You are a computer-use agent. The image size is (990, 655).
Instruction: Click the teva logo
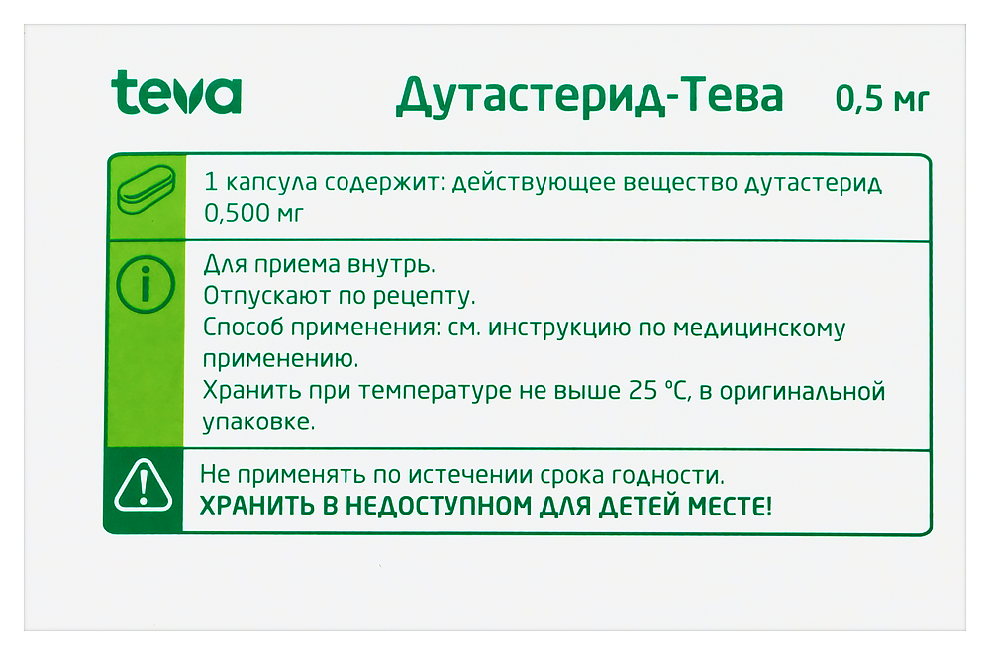[176, 93]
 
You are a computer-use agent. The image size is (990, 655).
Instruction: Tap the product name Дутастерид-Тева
[590, 96]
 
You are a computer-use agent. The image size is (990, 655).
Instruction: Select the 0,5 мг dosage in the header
[882, 99]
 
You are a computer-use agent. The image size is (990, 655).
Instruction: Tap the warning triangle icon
[145, 486]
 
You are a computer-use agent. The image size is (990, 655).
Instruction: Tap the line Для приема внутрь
[319, 265]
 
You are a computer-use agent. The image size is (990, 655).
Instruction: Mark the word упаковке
[259, 421]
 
